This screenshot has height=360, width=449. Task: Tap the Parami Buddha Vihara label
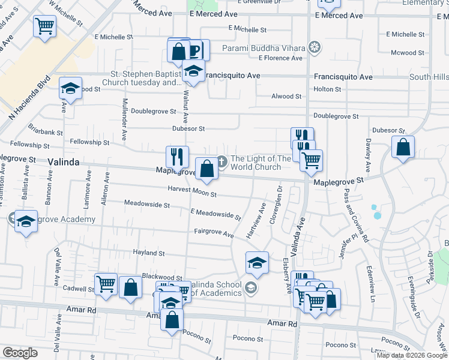coord(264,47)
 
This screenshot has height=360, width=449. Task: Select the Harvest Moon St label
coord(193,191)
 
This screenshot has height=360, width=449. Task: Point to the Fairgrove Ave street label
coord(214,232)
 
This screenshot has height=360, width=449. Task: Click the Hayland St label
coord(148,254)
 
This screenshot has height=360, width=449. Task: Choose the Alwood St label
coord(286,96)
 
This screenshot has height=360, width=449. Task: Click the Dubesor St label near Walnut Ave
coord(188,128)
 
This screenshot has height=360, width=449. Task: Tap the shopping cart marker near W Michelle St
coord(44,26)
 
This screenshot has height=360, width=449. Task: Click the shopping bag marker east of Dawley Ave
coord(403,146)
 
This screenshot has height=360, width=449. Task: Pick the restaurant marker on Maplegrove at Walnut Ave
coord(176,157)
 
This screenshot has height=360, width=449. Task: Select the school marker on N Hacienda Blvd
coord(70,89)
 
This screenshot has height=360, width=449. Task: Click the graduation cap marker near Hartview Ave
coord(256,262)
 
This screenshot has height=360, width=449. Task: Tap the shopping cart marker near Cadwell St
coord(106,284)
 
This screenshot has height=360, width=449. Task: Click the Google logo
coord(20,353)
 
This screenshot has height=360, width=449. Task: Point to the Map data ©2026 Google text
coord(411,355)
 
